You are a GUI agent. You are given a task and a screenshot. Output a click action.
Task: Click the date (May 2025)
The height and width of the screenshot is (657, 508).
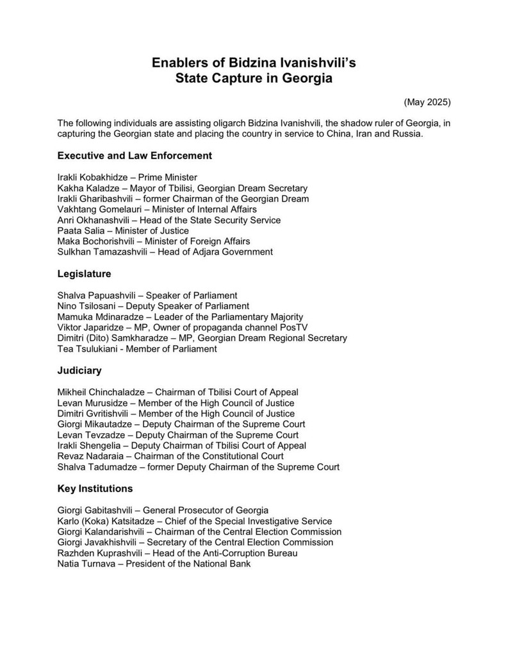pyautogui.click(x=427, y=102)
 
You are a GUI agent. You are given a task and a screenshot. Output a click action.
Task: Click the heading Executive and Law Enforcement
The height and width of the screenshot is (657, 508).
pyautogui.click(x=135, y=155)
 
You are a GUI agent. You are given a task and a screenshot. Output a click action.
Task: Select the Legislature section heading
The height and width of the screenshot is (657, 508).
pyautogui.click(x=84, y=273)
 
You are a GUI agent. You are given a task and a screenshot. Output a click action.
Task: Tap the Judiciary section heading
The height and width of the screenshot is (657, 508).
pyautogui.click(x=79, y=370)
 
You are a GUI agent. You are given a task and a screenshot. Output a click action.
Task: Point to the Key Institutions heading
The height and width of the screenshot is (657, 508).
pyautogui.click(x=95, y=488)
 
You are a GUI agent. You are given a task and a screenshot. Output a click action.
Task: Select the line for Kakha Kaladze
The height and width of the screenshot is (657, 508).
pyautogui.click(x=182, y=188)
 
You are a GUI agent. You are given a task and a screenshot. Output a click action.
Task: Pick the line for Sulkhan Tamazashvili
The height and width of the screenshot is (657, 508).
pyautogui.click(x=165, y=252)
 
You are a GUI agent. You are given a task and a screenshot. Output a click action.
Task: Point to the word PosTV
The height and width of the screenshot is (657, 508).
pyautogui.click(x=293, y=327)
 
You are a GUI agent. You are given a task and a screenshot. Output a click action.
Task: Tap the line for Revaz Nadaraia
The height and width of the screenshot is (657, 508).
pyautogui.click(x=170, y=456)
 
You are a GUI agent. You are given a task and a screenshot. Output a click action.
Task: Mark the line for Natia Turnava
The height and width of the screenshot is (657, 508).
pyautogui.click(x=154, y=564)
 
